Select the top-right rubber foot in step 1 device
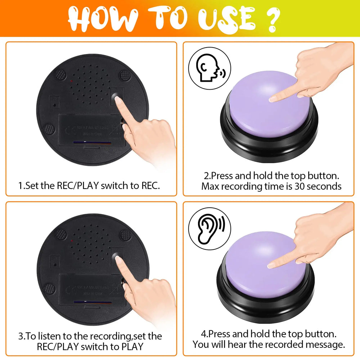(x=125, y=75)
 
